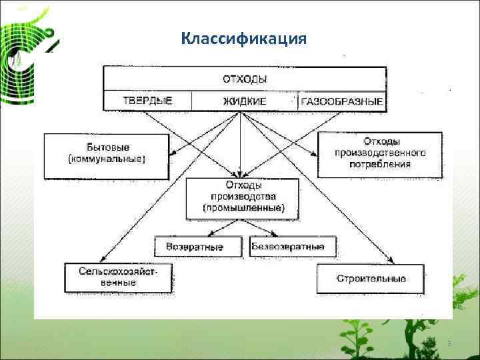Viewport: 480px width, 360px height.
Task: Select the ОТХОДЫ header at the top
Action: tap(245, 79)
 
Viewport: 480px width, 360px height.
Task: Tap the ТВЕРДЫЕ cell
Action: tap(147, 101)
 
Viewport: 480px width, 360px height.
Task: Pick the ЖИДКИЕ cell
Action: tap(244, 101)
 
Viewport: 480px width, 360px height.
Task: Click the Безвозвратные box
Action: tap(288, 247)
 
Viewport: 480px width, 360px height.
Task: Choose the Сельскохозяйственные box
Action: tap(118, 277)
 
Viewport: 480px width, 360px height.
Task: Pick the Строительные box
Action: tap(371, 278)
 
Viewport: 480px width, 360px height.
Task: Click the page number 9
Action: tap(449, 343)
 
